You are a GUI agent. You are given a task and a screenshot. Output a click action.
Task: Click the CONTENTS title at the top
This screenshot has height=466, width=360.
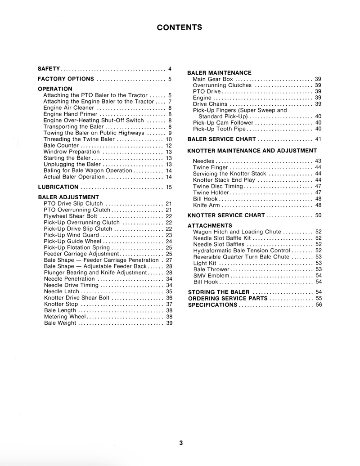click(180, 27)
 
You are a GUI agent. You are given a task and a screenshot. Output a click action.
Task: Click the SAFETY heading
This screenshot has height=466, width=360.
click(49, 69)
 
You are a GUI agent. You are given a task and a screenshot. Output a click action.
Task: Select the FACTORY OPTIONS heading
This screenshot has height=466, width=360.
click(66, 79)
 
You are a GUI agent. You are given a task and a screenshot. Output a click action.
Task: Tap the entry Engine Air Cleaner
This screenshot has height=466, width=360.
click(68, 108)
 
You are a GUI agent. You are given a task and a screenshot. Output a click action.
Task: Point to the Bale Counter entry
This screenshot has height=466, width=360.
click(61, 146)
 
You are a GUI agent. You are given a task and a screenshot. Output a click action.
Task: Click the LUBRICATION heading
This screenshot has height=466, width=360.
click(58, 187)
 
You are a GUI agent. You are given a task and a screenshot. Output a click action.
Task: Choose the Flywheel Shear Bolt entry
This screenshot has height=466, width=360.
click(70, 216)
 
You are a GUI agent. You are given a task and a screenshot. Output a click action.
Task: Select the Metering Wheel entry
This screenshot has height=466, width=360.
click(65, 317)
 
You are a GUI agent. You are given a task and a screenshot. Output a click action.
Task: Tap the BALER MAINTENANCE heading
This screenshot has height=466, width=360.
click(219, 73)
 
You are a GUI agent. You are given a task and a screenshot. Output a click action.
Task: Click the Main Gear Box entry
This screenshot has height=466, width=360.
click(213, 79)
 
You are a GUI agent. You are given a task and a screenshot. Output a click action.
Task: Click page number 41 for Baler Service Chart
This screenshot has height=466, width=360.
click(318, 139)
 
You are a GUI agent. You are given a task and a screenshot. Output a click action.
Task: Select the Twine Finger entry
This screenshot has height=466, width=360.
click(210, 167)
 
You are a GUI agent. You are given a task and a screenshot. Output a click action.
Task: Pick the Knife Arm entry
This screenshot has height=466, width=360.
click(206, 205)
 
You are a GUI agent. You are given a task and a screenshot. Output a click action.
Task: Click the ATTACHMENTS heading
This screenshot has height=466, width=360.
click(210, 226)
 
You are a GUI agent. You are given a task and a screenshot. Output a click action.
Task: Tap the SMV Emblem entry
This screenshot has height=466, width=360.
click(211, 276)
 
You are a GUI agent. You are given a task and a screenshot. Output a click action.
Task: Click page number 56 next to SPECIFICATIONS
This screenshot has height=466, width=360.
click(319, 305)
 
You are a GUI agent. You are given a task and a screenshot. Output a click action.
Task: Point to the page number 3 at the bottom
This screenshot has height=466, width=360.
click(180, 443)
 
